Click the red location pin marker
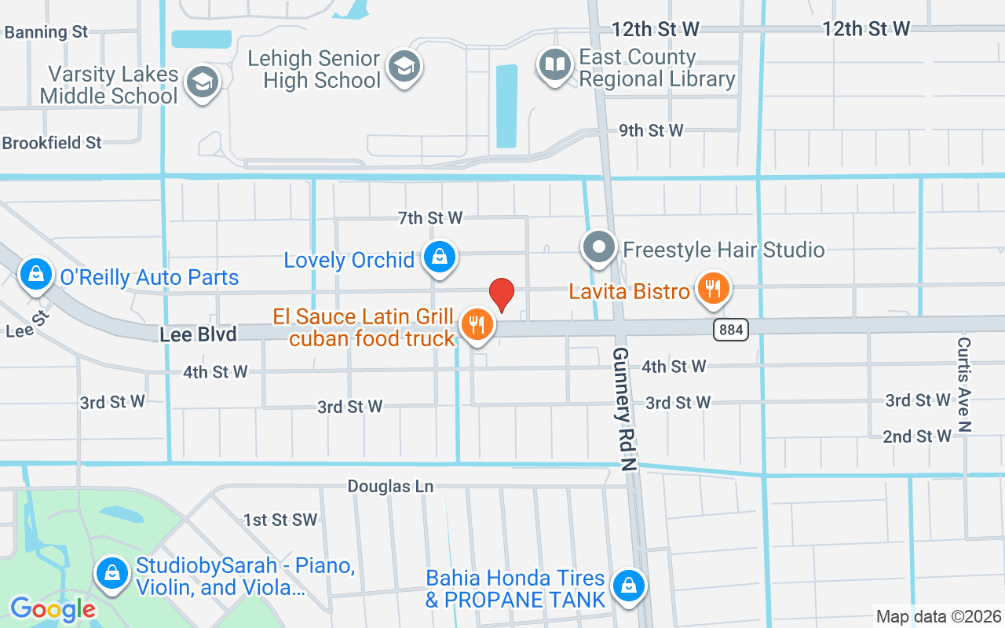click(502, 295)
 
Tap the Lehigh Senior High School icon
click(405, 66)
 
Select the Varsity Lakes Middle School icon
click(203, 82)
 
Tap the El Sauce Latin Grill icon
click(476, 324)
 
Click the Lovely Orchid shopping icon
click(440, 257)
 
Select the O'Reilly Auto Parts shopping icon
click(36, 274)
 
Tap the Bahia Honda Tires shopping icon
click(629, 586)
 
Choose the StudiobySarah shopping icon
click(113, 573)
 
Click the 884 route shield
click(731, 330)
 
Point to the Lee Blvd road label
click(198, 335)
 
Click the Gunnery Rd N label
click(625, 408)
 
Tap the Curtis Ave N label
click(964, 384)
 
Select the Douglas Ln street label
click(391, 487)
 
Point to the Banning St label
click(46, 32)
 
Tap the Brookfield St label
click(52, 143)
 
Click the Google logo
click(53, 608)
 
